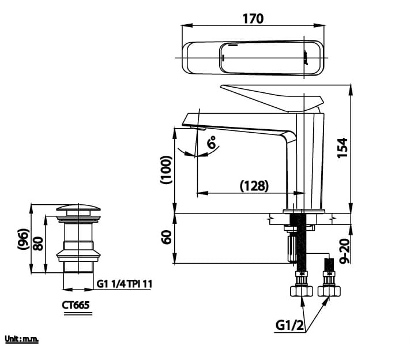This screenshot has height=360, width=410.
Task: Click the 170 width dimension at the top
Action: click(253, 18)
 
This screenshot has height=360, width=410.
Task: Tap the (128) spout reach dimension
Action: click(254, 185)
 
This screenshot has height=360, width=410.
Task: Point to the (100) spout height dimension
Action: click(166, 170)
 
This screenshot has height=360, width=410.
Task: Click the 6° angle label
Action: click(212, 142)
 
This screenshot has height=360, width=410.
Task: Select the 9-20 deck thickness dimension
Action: click(344, 251)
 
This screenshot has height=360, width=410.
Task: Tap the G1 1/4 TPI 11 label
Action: click(125, 283)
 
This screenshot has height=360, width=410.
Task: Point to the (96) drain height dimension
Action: click(24, 239)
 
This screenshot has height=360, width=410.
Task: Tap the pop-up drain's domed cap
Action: click(77, 208)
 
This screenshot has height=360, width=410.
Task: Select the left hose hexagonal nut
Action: click(301, 290)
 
